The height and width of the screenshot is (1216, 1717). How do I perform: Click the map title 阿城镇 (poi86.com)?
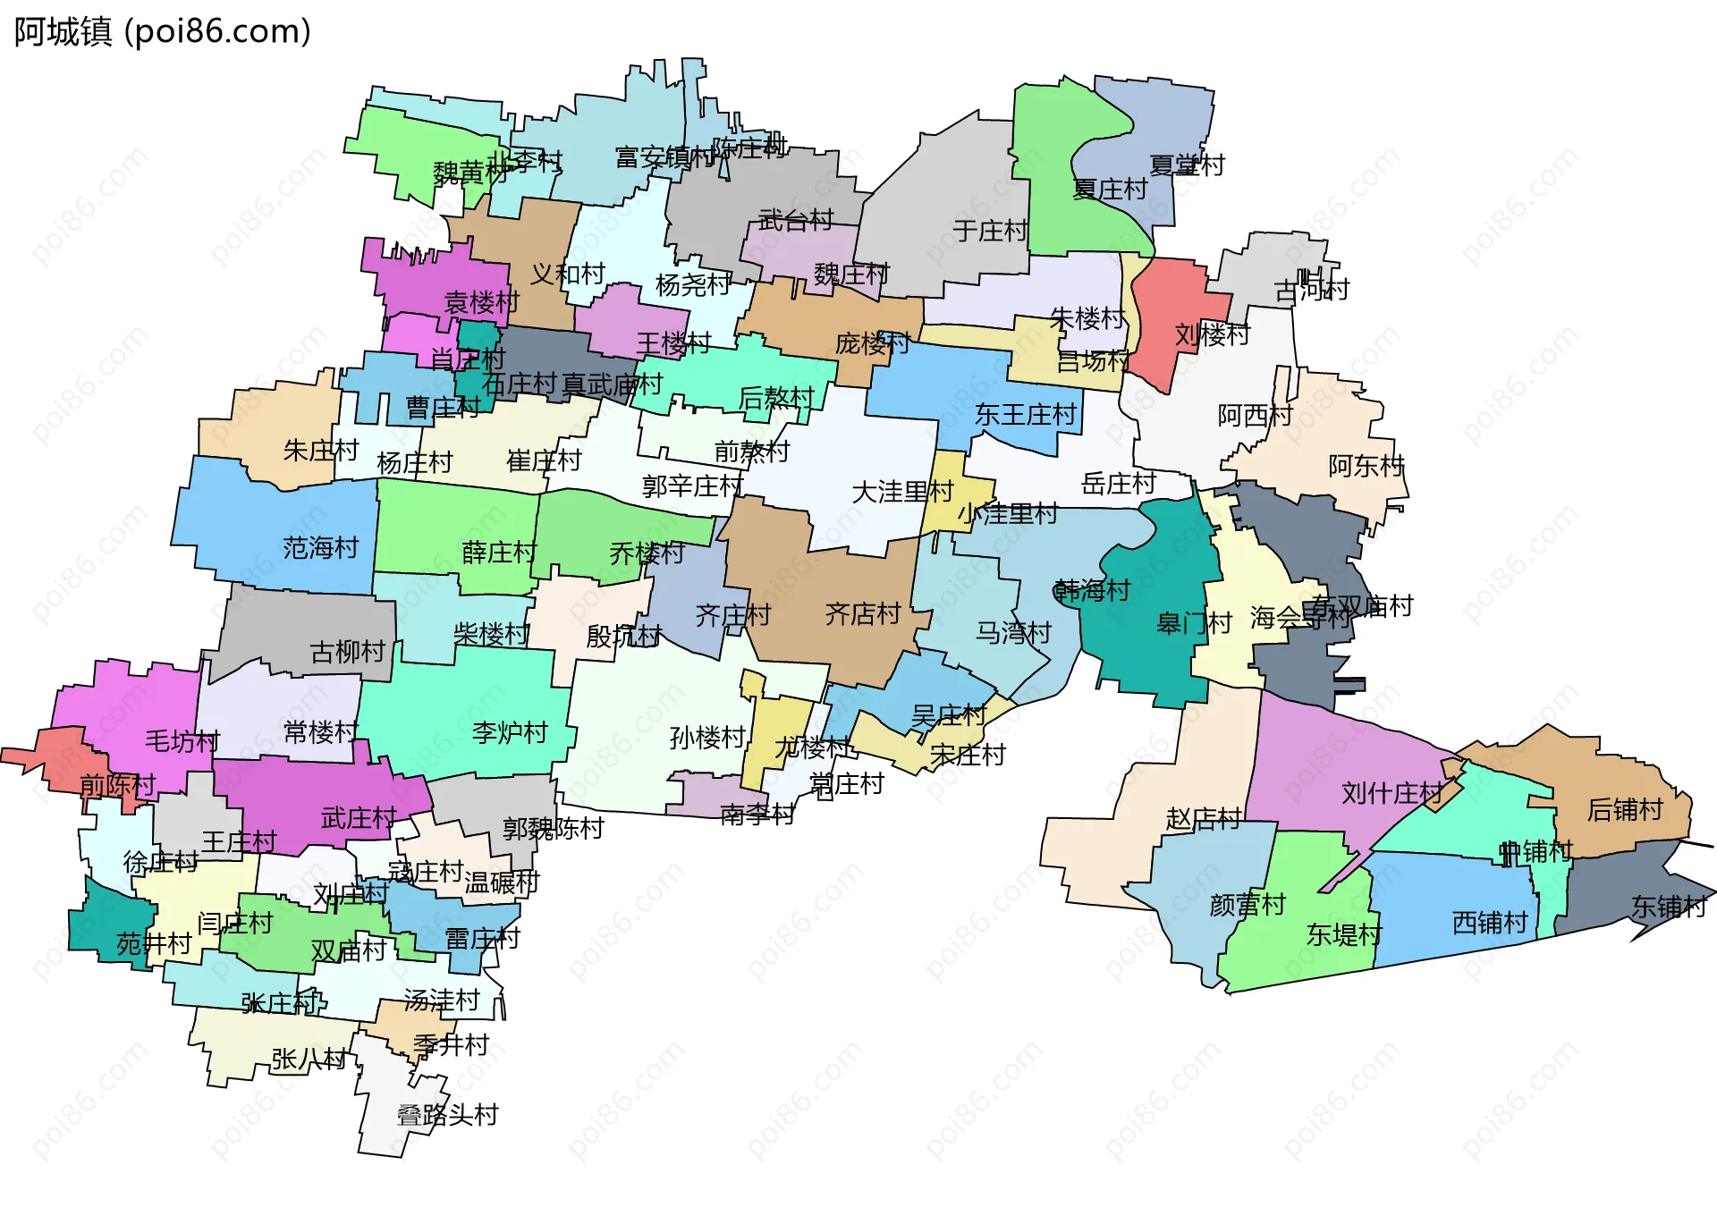[162, 32]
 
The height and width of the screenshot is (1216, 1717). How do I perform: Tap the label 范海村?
[320, 547]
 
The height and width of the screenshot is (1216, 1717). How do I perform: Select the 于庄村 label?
[990, 231]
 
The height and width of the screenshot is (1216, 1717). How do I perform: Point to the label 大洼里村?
[902, 492]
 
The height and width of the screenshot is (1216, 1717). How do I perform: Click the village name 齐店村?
[862, 613]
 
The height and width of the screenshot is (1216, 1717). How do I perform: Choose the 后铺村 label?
[1625, 809]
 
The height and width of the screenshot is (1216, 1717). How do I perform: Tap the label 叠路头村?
[447, 1115]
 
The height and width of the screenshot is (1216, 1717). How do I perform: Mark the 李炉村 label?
[510, 732]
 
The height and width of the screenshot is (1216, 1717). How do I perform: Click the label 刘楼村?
[1212, 335]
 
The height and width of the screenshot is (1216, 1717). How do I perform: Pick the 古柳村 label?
[347, 652]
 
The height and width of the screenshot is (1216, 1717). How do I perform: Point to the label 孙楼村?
[707, 738]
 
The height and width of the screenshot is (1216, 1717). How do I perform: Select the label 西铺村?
[1490, 922]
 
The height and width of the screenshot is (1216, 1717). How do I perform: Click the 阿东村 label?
[1366, 466]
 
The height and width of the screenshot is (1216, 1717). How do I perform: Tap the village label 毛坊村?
[182, 740]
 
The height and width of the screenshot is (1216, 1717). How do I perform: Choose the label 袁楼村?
[481, 302]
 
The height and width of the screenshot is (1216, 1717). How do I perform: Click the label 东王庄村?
[1025, 415]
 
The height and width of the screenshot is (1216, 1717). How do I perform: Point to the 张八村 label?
[309, 1060]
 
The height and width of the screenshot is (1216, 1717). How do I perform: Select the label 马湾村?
[1012, 633]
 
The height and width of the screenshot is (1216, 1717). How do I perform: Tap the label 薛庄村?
[499, 553]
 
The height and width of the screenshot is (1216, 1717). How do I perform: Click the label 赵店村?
[1204, 818]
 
